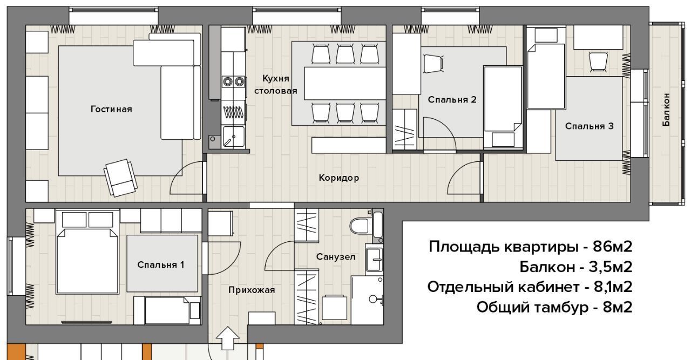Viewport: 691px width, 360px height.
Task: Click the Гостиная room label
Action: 111,109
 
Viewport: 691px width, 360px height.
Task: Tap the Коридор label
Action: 338,178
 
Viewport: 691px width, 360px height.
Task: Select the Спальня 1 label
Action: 161,264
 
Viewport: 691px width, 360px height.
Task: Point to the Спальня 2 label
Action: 452,100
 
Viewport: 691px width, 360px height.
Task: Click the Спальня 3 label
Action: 589,126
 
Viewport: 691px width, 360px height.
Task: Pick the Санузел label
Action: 336,257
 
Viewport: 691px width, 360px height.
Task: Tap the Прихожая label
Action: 252,290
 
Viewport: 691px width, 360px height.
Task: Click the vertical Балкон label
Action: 666,110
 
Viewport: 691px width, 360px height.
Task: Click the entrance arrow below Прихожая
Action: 228,338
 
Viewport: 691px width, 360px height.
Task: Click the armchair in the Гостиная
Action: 120,178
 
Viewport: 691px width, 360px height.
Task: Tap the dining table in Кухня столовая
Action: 345,83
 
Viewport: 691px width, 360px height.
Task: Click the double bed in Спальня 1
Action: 87,252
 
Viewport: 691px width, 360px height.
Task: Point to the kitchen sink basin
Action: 234,137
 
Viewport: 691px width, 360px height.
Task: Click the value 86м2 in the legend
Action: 613,247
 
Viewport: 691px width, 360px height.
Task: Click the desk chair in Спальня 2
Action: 433,64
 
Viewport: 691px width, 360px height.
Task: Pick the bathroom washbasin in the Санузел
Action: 374,260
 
